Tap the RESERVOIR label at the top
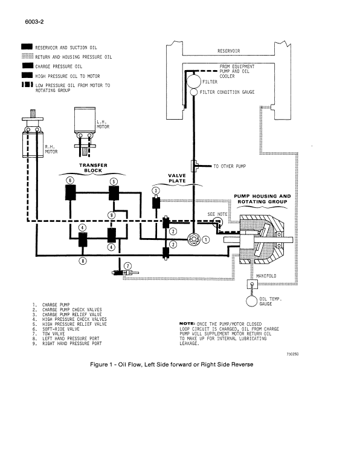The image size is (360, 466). (229, 51)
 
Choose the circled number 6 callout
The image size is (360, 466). (71, 181)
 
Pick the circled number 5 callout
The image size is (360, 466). (114, 181)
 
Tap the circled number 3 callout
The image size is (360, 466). (156, 191)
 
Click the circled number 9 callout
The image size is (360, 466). (111, 215)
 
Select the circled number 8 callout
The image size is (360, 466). (83, 261)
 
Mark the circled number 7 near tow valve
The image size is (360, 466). (127, 266)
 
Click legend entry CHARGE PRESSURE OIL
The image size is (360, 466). (59, 66)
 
